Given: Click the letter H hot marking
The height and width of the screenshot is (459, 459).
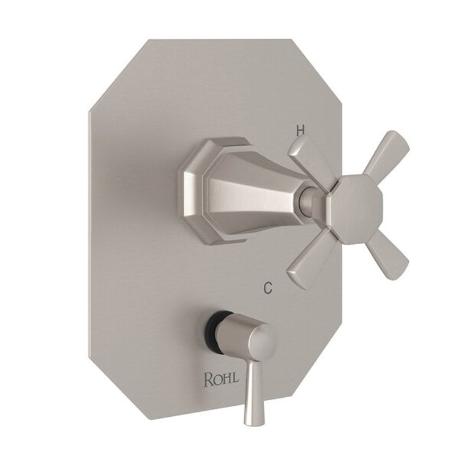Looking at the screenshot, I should pyautogui.click(x=300, y=130).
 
